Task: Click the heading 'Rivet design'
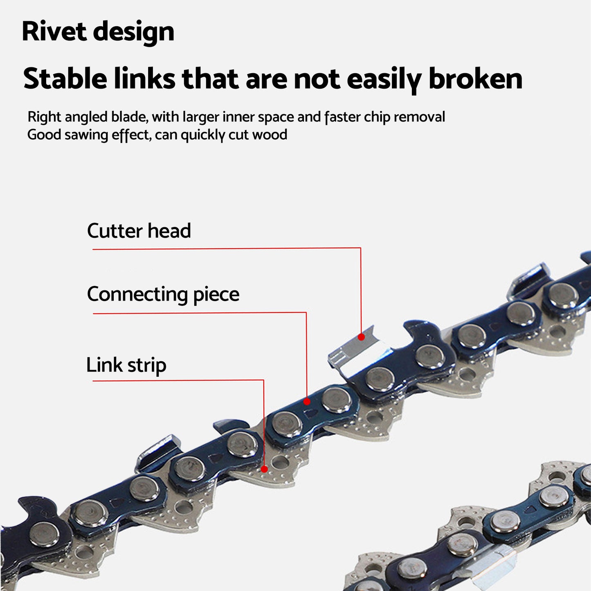point(98,31)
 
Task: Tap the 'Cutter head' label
point(139,231)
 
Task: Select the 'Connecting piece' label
point(163,294)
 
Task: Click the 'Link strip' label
point(126,365)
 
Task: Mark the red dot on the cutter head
point(361,337)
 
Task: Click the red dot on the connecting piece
point(307,402)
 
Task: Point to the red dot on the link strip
point(264,469)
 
